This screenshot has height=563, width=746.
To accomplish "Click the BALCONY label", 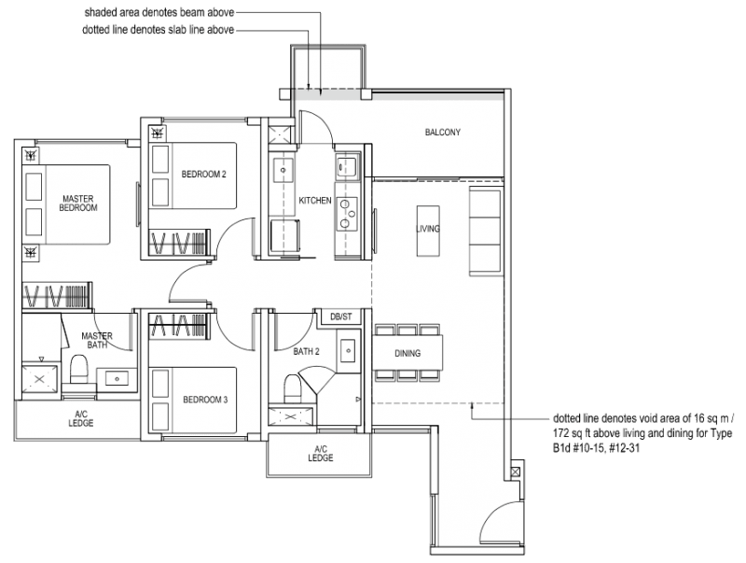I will [x=443, y=133].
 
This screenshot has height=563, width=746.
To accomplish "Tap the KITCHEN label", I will [x=314, y=201].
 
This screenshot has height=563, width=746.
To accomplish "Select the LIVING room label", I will [x=428, y=229].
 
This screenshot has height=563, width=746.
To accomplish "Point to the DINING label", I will [x=408, y=354].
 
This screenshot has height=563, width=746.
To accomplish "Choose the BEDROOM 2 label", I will [x=203, y=175].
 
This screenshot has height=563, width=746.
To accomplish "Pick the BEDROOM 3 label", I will [x=204, y=400].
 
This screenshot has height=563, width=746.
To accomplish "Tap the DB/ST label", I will [x=341, y=317].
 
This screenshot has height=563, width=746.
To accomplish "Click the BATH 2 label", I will [x=306, y=352].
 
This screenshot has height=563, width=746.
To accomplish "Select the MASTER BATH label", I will [x=97, y=341].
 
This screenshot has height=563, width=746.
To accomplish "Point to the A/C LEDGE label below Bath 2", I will [x=320, y=454].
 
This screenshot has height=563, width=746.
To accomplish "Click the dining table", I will [x=408, y=354].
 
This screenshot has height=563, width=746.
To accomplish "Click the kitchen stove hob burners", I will [x=348, y=212].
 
